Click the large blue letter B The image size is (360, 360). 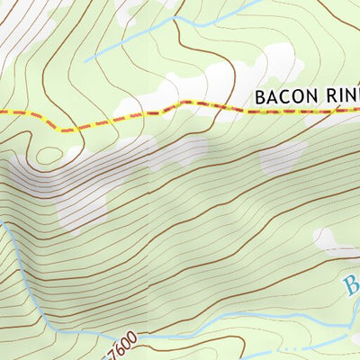pyautogui.click(x=350, y=287)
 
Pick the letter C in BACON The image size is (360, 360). pyautogui.click(x=285, y=95)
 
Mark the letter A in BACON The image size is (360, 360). pyautogui.click(x=272, y=95)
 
